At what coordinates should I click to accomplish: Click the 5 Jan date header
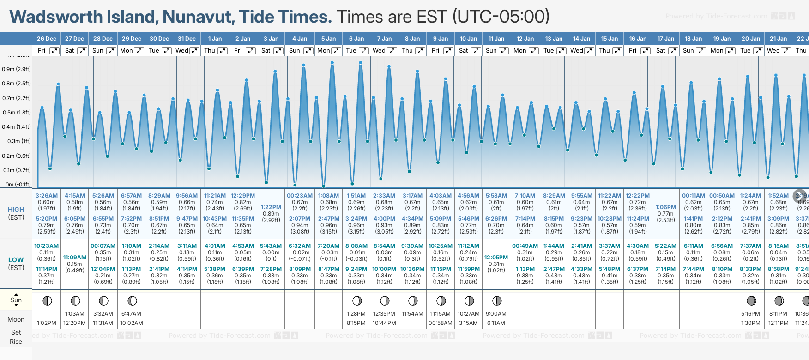[x=329, y=39]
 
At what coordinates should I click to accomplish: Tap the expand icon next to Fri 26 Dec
[x=54, y=51]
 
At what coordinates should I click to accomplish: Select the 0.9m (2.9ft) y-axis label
[x=16, y=69]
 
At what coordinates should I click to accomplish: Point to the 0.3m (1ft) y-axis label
[x=16, y=141]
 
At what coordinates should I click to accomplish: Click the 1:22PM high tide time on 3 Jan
[x=271, y=207]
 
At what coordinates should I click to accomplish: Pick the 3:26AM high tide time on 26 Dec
[x=47, y=196]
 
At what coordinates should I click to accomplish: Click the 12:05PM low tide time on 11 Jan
[x=496, y=258]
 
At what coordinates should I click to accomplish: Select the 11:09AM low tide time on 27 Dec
[x=75, y=258]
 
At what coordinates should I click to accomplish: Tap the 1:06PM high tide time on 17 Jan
[x=665, y=207]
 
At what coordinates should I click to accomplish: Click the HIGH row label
[x=16, y=210]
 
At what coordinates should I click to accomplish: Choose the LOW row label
[x=16, y=260]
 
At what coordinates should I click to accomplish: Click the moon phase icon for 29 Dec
[x=132, y=301]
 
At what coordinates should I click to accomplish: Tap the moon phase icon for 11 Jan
[x=497, y=301]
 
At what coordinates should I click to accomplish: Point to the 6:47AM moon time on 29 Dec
[x=131, y=314]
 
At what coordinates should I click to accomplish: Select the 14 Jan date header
[x=582, y=39]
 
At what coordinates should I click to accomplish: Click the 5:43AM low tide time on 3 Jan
[x=271, y=246]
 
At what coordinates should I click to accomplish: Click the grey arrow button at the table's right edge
[x=800, y=196]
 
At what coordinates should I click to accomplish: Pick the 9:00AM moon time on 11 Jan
[x=496, y=314]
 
